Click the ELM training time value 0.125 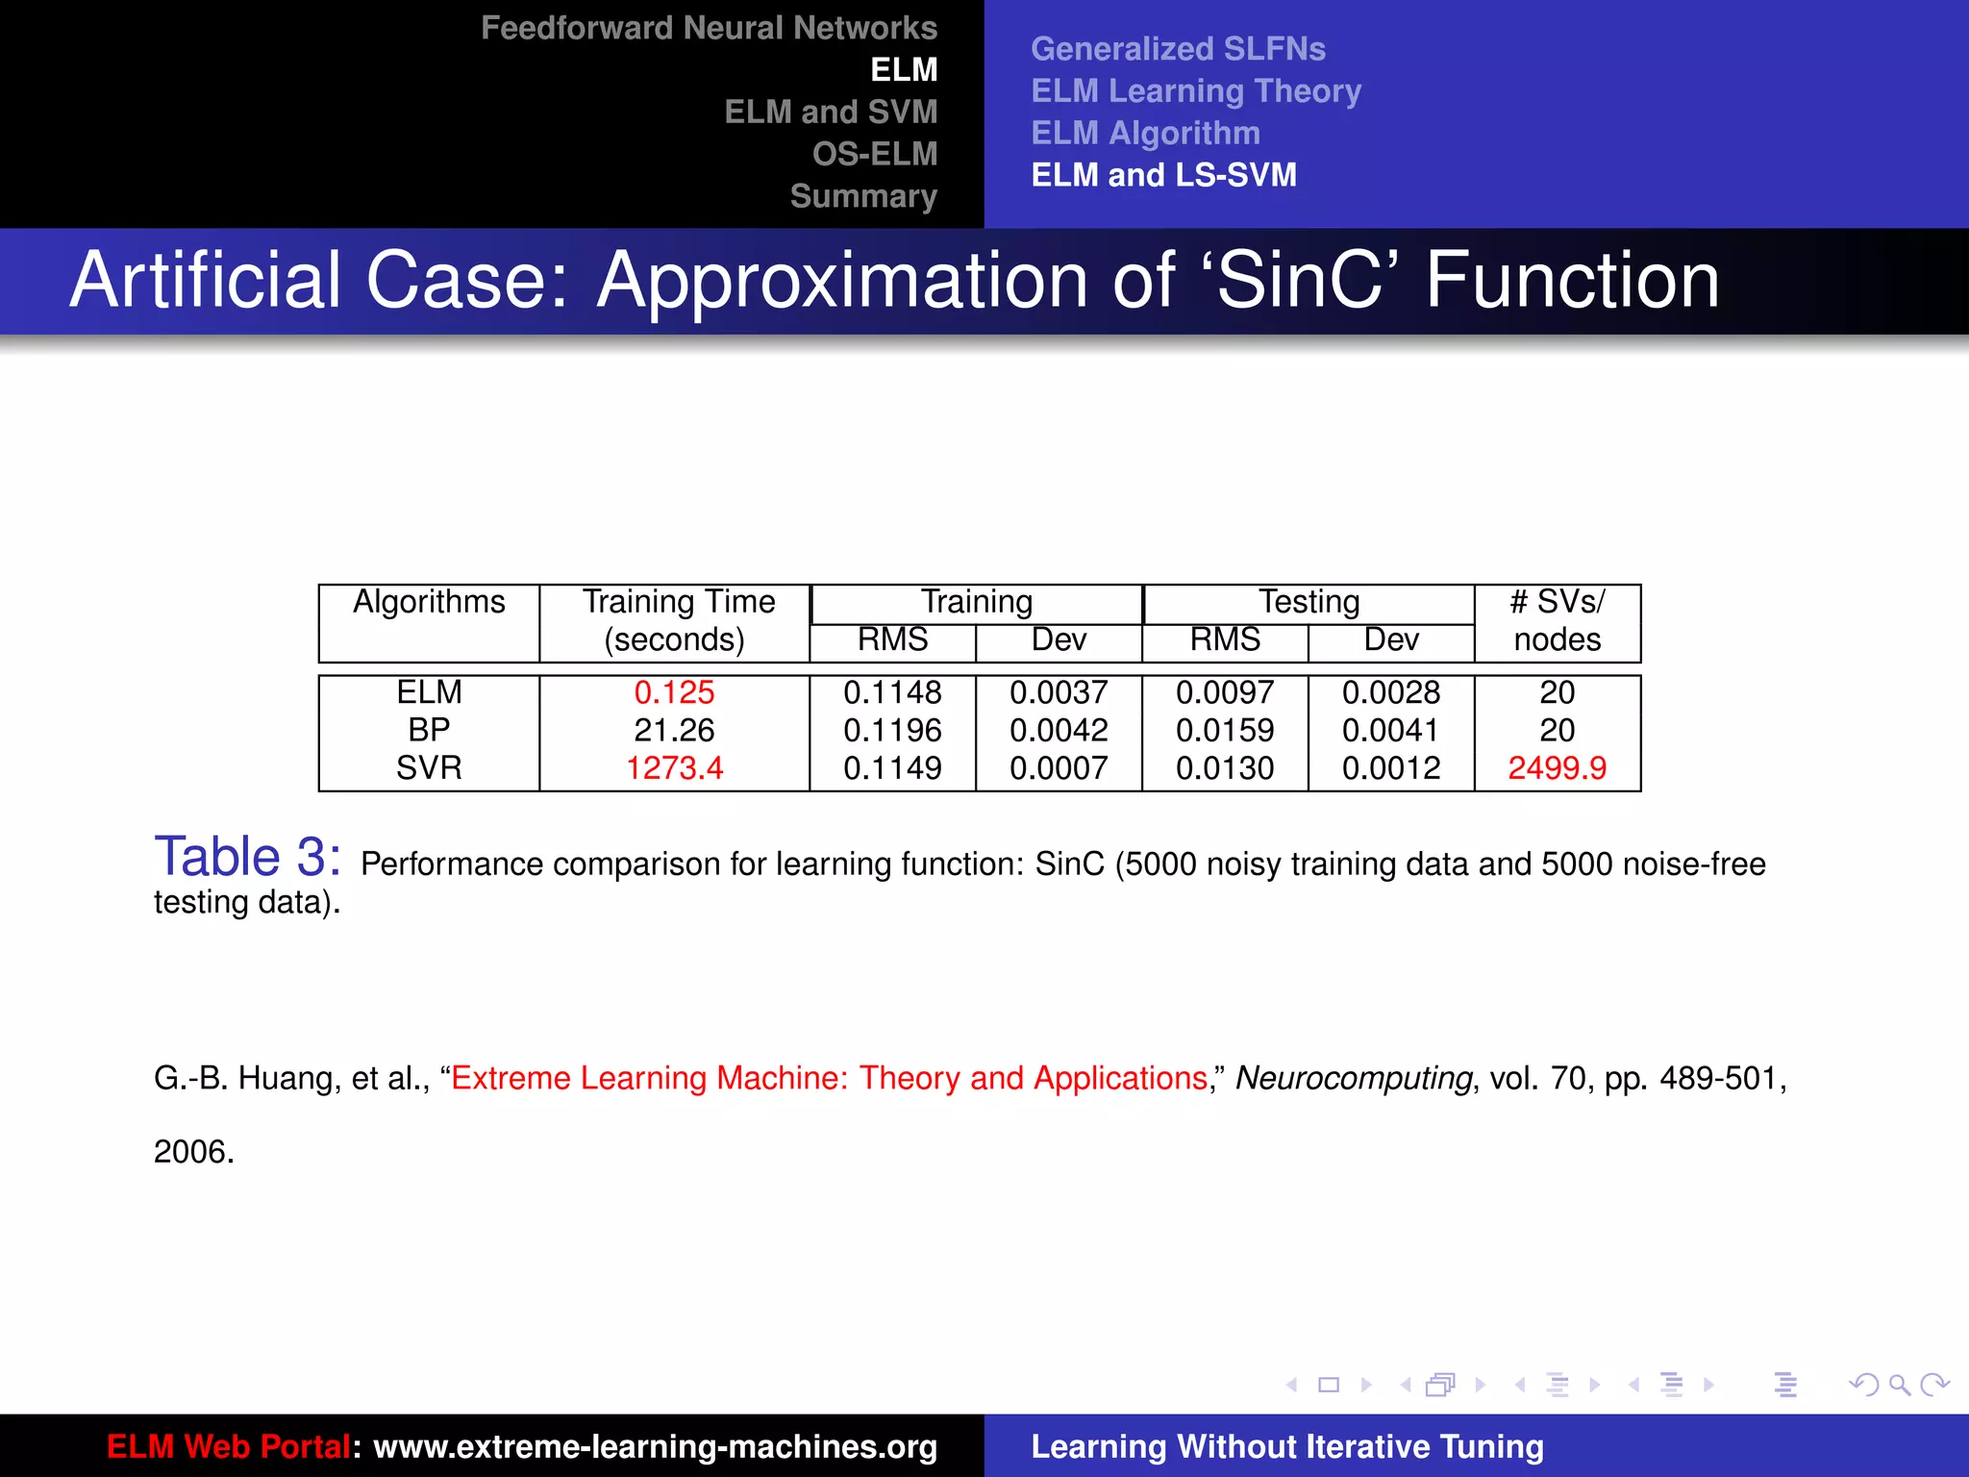tap(674, 692)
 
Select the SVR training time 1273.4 tap(674, 768)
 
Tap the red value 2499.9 tap(1557, 768)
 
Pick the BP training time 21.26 tap(674, 731)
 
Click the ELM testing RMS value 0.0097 tap(1225, 692)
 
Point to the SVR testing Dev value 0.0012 tap(1391, 768)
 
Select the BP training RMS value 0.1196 tap(892, 731)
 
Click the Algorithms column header tap(429, 602)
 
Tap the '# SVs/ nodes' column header tap(1557, 620)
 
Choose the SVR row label tap(429, 768)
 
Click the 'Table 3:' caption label tap(247, 857)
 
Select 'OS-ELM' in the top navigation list tap(874, 154)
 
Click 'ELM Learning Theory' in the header tap(1196, 91)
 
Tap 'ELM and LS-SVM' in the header tap(1163, 175)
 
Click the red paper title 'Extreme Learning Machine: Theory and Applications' tap(829, 1079)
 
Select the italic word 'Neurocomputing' tap(1354, 1079)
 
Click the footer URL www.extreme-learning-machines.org tap(655, 1447)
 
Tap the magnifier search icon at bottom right tap(1899, 1385)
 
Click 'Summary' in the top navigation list tap(863, 196)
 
